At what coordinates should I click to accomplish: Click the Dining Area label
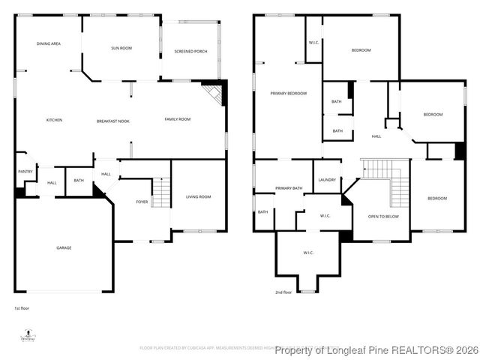tap(49, 44)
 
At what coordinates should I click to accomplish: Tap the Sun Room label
tap(121, 48)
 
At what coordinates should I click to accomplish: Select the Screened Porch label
tap(190, 51)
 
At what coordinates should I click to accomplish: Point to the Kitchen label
tap(54, 121)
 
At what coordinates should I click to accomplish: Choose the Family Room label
tap(178, 119)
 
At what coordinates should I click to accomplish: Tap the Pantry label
tap(25, 172)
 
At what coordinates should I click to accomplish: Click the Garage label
tap(64, 247)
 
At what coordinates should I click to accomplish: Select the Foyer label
tap(142, 202)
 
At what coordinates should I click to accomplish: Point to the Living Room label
tap(199, 196)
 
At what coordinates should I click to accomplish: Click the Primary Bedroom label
tap(289, 93)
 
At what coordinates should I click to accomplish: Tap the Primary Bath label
tap(289, 188)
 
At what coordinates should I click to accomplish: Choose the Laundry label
tap(327, 180)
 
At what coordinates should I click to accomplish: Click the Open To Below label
tap(383, 217)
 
